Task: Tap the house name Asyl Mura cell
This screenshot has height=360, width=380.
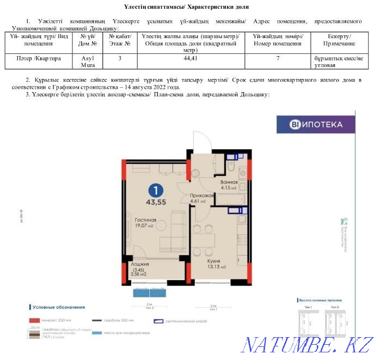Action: (88, 60)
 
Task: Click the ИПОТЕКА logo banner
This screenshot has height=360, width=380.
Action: (316, 124)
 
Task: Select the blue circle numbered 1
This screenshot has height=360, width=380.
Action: (156, 190)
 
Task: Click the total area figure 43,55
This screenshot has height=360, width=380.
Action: (156, 202)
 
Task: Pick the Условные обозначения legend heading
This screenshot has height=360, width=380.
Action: (58, 307)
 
